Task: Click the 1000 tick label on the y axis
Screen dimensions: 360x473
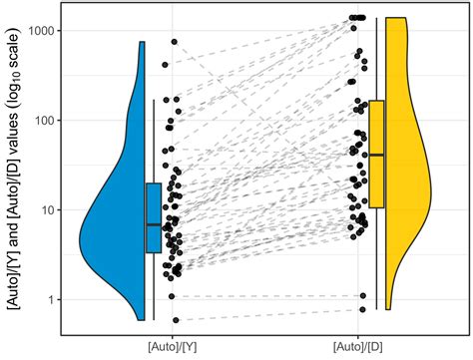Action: pos(40,31)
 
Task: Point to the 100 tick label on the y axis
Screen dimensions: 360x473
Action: pos(43,121)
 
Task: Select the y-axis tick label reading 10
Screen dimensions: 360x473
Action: pos(46,210)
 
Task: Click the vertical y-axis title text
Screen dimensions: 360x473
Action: pos(13,170)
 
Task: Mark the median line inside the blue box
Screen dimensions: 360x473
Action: pos(153,225)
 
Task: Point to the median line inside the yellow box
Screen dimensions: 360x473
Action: pos(376,156)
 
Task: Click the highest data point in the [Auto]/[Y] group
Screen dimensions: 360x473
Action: pos(174,42)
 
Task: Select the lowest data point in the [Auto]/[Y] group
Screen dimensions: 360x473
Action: pos(176,320)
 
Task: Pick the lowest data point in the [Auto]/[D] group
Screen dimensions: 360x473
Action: pos(362,310)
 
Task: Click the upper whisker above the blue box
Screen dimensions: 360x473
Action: pos(153,140)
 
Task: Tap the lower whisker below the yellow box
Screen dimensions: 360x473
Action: pos(376,259)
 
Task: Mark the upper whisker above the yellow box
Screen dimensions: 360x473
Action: pos(376,60)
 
